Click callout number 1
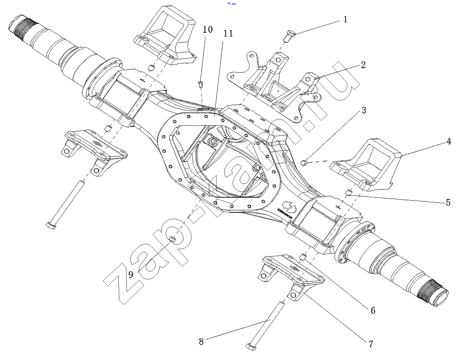(346, 19)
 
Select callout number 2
(363, 65)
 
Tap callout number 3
(364, 111)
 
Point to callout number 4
(449, 141)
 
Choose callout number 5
(448, 203)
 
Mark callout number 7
(371, 344)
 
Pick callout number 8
(201, 341)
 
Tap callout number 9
(131, 275)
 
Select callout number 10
(208, 29)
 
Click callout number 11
(228, 34)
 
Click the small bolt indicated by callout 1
(288, 36)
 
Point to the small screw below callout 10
(201, 85)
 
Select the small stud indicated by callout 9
(172, 239)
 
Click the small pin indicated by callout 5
(349, 192)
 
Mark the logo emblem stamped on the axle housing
(290, 206)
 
